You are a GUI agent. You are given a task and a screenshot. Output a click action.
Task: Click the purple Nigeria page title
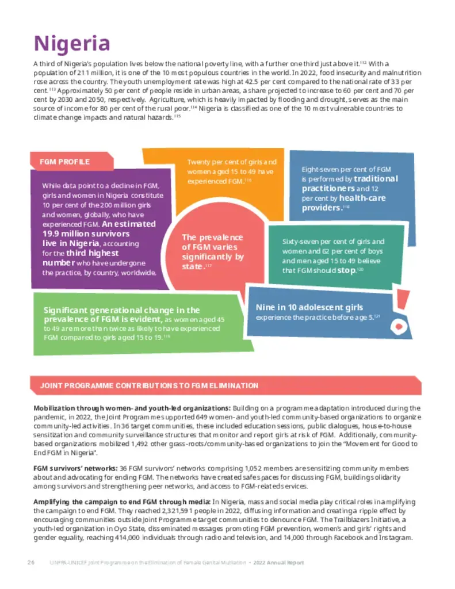tap(71, 43)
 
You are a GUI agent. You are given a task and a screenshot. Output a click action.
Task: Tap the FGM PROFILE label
tap(64, 162)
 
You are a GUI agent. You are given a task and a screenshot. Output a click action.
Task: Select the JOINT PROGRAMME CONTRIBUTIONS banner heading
tap(149, 385)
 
